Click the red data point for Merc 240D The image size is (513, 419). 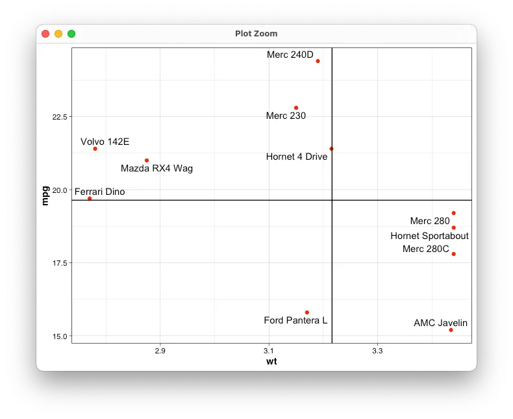point(318,61)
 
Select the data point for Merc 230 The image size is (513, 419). point(296,108)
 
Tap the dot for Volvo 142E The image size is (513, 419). point(95,149)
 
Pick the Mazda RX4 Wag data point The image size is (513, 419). point(147,160)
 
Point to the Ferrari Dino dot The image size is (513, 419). point(90,198)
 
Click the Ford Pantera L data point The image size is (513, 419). point(307,312)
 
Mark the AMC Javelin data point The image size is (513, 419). point(451,330)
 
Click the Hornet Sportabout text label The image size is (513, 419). point(429,236)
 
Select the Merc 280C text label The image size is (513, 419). point(425,249)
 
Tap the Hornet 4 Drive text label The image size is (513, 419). point(297,157)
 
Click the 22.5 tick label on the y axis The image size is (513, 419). point(60,117)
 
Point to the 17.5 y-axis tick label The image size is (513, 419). point(60,263)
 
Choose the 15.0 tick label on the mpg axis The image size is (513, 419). point(60,336)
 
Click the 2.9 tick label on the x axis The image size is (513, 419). point(160,351)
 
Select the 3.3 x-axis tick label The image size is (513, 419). point(377,351)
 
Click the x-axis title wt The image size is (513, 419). point(271,362)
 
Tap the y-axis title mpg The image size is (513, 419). point(45,196)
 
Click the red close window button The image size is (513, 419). point(45,34)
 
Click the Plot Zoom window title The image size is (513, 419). point(256,34)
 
